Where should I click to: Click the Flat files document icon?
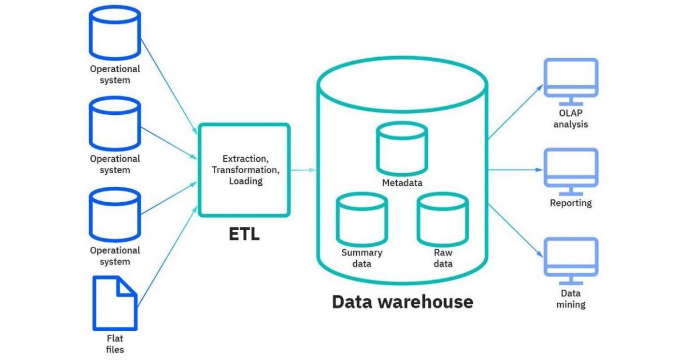click(115, 303)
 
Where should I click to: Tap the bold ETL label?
click(244, 234)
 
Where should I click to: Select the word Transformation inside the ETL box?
click(245, 170)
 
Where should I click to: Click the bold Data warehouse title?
click(402, 301)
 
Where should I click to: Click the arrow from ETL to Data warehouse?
click(303, 170)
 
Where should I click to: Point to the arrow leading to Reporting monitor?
click(514, 170)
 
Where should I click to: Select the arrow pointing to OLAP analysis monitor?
click(514, 111)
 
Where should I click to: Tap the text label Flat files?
click(115, 344)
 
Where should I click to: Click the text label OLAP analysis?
click(571, 118)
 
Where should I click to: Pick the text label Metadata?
click(402, 183)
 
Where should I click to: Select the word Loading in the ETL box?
click(245, 181)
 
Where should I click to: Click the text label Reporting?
click(571, 203)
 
